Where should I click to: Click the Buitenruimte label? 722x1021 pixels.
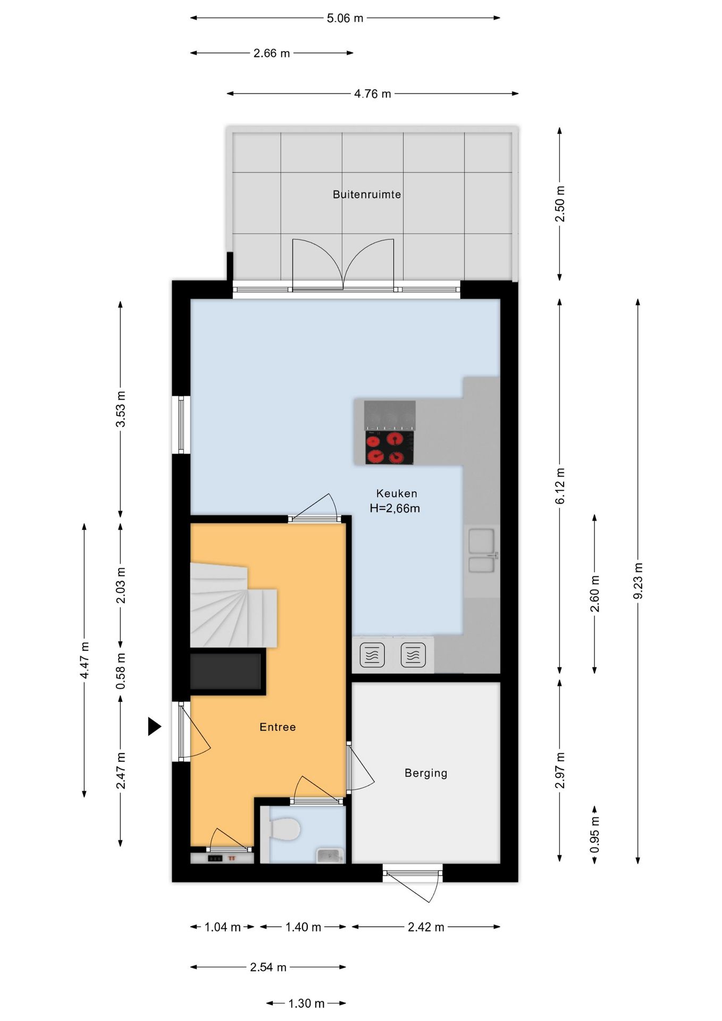click(x=366, y=195)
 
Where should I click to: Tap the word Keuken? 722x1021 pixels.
click(x=397, y=493)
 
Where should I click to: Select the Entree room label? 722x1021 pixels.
click(x=278, y=727)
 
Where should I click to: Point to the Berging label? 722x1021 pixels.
click(x=426, y=773)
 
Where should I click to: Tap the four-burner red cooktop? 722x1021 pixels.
click(x=389, y=447)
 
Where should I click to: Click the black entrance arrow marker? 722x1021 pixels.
click(x=154, y=726)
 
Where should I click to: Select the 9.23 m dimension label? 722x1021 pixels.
click(x=638, y=581)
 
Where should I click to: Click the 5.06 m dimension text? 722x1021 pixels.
click(x=345, y=18)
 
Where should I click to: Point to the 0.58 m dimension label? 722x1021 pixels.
click(x=121, y=671)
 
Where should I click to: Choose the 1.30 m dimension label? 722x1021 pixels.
click(x=306, y=1003)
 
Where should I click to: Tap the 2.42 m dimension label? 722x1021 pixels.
click(x=426, y=927)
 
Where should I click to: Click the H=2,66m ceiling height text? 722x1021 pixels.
click(x=395, y=508)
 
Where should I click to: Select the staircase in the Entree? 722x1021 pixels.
click(x=233, y=605)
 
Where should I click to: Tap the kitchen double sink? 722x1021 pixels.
click(x=482, y=550)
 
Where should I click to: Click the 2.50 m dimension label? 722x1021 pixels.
click(x=560, y=204)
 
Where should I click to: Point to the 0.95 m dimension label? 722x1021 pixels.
click(x=595, y=834)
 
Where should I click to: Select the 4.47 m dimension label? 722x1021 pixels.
click(x=85, y=660)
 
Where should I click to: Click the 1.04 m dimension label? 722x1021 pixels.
click(x=223, y=927)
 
